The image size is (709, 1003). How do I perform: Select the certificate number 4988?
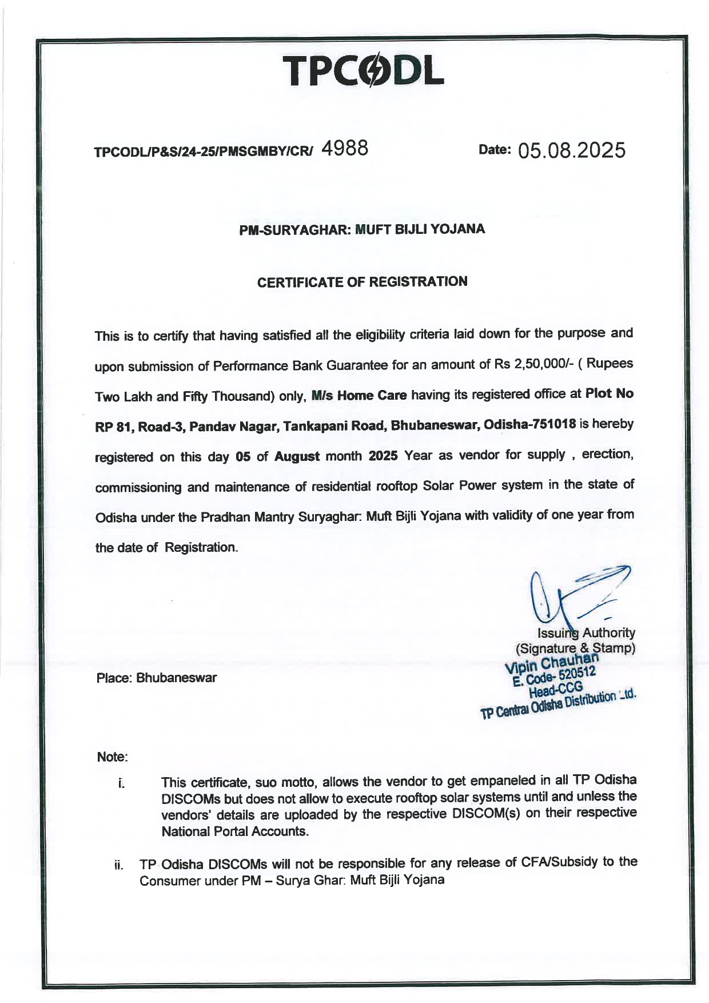tap(344, 149)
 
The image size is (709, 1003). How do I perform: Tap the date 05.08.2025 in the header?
tap(571, 150)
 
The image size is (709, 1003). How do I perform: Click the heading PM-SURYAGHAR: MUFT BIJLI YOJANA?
tap(362, 230)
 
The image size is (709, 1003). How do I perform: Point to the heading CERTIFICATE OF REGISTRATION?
tap(362, 282)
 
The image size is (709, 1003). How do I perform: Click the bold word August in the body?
tap(297, 456)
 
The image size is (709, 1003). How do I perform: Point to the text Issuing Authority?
tap(586, 633)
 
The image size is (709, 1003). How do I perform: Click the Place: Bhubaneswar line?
tap(157, 678)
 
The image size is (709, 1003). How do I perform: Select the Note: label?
tap(112, 757)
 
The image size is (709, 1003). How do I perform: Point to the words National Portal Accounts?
tap(235, 831)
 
